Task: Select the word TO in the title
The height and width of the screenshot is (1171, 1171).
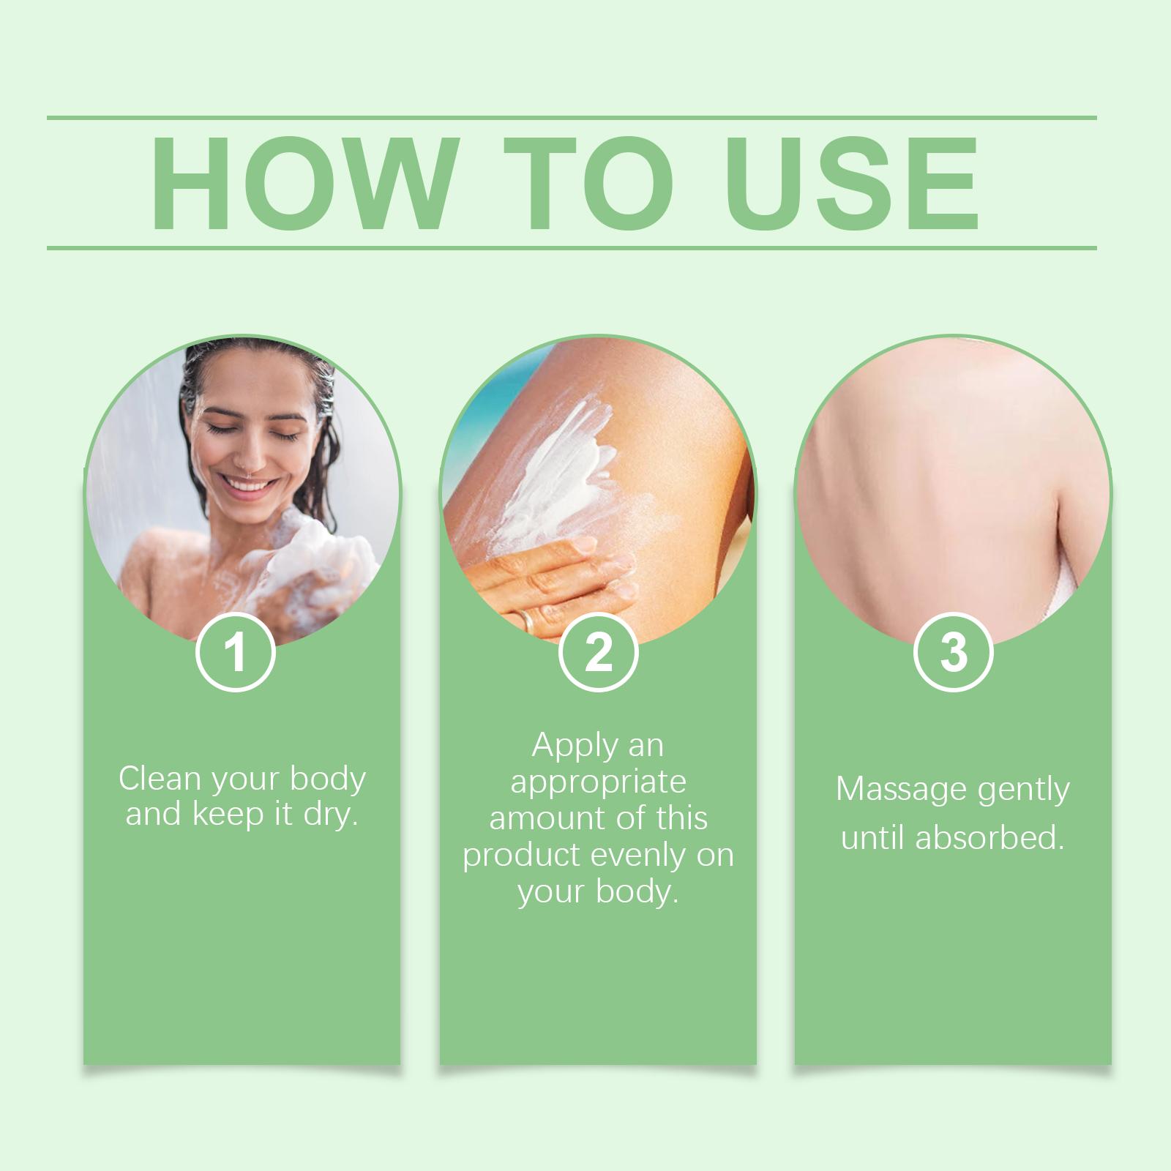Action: [x=588, y=184]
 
